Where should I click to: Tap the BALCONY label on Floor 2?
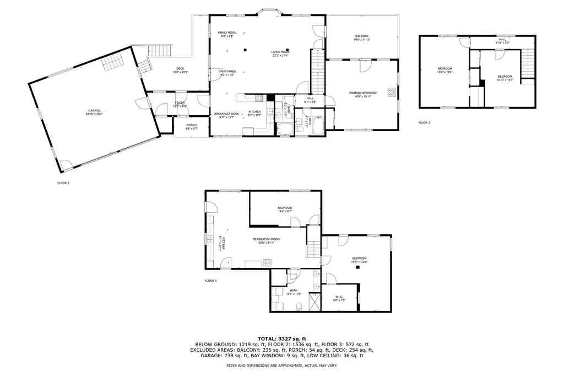tap(361, 37)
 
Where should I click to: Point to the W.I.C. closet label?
tap(339, 298)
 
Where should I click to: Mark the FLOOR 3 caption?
tap(424, 122)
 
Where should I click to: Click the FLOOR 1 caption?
tap(210, 281)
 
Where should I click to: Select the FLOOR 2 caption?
tap(63, 182)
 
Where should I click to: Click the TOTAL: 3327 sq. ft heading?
tap(281, 339)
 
